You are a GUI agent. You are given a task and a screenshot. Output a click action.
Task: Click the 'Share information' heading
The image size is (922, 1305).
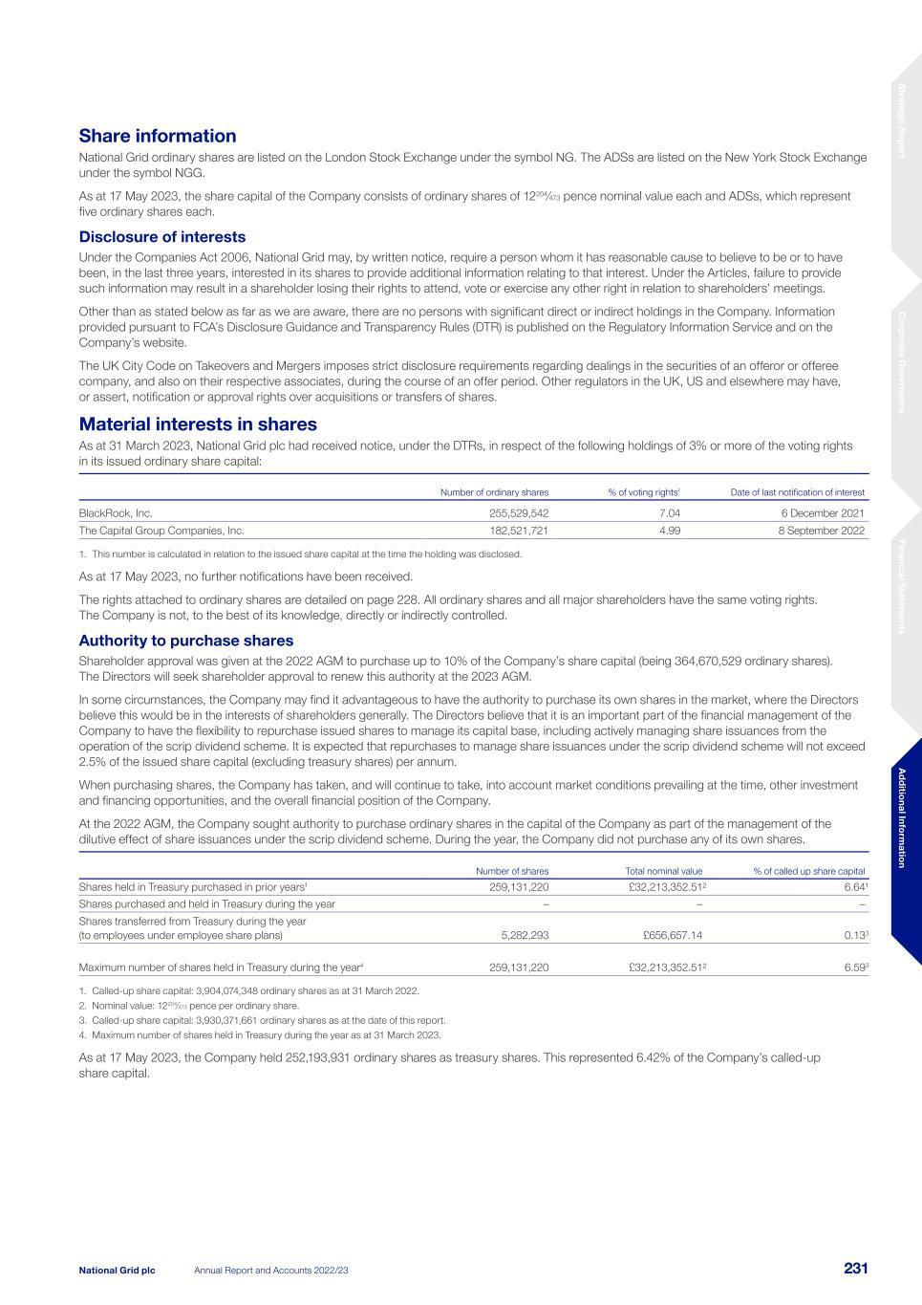coord(157,137)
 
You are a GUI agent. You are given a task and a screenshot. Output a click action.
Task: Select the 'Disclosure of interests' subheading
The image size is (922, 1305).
coord(161,237)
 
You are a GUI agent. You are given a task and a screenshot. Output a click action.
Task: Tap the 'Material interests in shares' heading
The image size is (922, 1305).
coord(198,424)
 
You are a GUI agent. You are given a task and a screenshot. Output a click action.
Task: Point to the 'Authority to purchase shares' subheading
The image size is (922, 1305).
coord(185,641)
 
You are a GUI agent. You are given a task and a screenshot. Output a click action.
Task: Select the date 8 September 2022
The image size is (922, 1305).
coord(822,531)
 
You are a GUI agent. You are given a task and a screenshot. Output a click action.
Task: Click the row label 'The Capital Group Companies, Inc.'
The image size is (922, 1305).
coord(161,531)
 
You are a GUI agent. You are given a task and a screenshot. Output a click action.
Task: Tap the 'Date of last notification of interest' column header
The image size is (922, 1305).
coord(798,492)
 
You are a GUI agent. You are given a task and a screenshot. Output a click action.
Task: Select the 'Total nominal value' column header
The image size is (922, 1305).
coord(663,871)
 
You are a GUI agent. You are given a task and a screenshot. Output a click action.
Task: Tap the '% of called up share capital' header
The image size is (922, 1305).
coord(809,871)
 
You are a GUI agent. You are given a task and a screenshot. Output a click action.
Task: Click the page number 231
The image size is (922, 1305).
coord(855,1269)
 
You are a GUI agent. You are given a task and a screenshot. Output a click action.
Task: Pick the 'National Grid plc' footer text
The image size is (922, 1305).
coord(117,1270)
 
